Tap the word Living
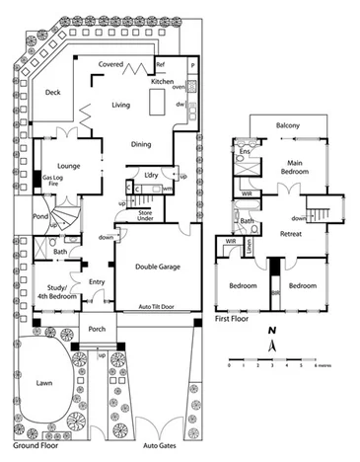(x=121, y=104)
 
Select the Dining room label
(x=142, y=145)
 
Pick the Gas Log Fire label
(x=46, y=184)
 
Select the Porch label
(x=97, y=329)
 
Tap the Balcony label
(x=287, y=125)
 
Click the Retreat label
(x=290, y=234)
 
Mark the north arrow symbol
(x=272, y=344)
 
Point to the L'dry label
(x=151, y=175)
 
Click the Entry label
(x=97, y=282)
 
